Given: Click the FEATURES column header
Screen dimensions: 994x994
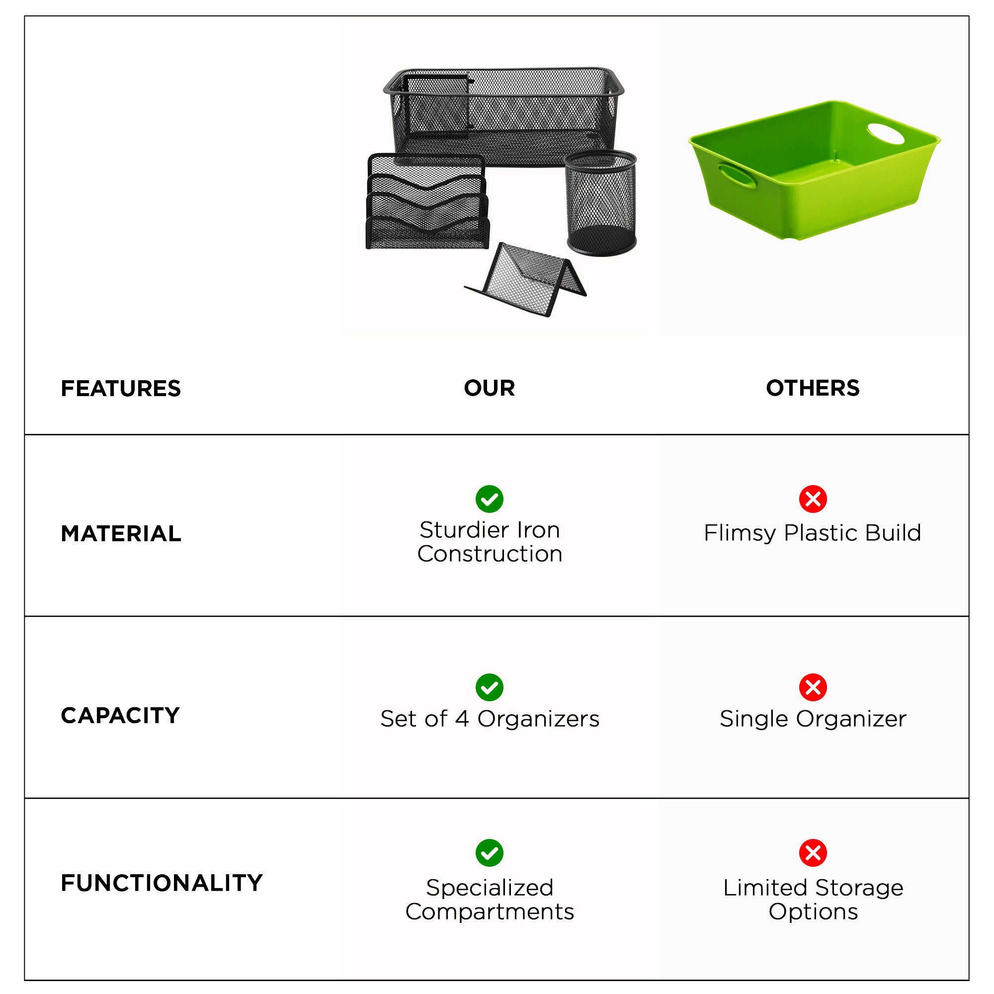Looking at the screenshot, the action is (121, 389).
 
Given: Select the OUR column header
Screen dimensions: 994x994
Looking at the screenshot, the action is (489, 388).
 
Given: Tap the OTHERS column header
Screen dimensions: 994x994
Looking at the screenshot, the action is (813, 388).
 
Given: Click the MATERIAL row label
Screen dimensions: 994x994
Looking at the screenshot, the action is (121, 533).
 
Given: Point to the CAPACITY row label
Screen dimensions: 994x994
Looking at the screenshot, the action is (120, 716).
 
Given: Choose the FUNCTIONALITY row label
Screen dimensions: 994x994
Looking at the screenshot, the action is (162, 883).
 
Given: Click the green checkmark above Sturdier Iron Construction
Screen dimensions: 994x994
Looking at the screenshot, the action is (489, 499).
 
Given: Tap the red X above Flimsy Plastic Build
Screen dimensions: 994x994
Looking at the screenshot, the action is (813, 499).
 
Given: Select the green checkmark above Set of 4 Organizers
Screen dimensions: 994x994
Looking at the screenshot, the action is (489, 687).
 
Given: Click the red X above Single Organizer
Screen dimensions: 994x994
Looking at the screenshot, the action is (813, 687).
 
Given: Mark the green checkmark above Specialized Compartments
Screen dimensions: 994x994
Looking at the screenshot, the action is (489, 853).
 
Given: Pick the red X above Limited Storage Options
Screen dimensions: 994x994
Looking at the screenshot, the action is (813, 853).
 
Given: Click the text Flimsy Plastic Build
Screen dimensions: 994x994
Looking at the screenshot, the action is (813, 533).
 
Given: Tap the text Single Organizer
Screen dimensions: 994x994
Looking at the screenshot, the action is (813, 719).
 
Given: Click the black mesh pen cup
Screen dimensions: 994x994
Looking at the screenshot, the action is (601, 203).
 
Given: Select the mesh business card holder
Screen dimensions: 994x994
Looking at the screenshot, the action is (526, 279).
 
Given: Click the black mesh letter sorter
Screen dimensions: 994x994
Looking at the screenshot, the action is (427, 201).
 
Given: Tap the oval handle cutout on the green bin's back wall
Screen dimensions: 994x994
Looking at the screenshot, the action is (886, 134).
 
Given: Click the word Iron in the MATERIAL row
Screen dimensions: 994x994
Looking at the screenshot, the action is (538, 530).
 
